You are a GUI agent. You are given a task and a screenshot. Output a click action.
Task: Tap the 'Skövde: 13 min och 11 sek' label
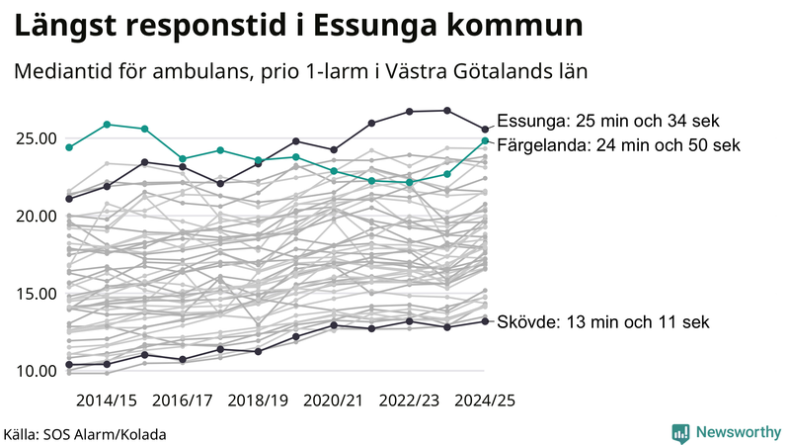coord(603,322)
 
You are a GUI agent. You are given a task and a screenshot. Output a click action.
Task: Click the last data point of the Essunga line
coord(485,129)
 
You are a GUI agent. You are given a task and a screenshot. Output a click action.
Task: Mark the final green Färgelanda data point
coord(485,140)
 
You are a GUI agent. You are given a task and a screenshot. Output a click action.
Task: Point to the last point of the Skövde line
coord(485,320)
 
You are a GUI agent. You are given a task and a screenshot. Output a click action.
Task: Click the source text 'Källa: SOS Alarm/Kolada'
coord(85,434)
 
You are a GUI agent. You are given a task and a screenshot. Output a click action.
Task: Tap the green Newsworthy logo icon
coord(680,432)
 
